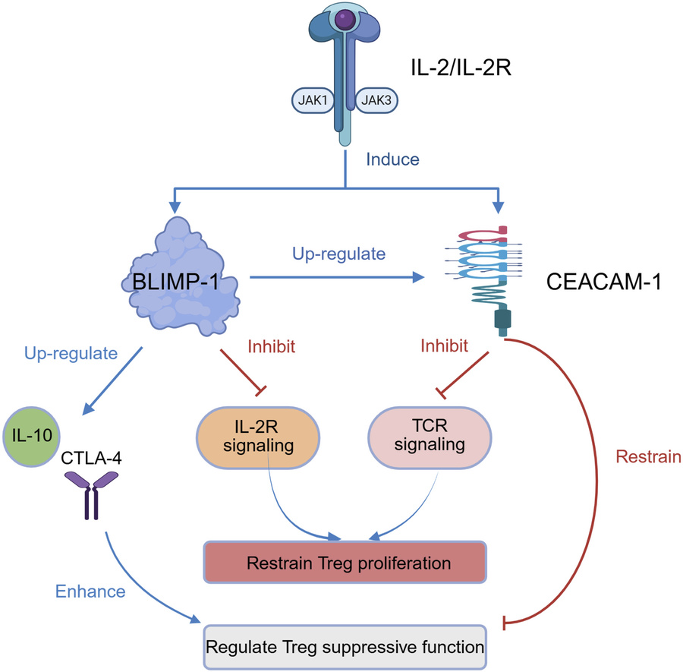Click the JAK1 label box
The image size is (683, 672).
tap(310, 99)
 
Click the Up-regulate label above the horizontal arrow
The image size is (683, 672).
tap(338, 254)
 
